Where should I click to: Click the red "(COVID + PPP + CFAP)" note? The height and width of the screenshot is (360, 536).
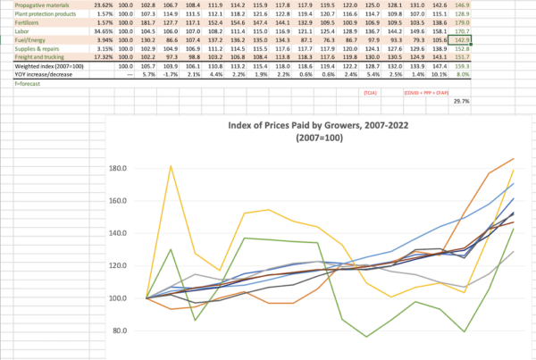(x=424, y=92)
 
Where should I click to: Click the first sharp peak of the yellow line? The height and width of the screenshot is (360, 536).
(x=170, y=166)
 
